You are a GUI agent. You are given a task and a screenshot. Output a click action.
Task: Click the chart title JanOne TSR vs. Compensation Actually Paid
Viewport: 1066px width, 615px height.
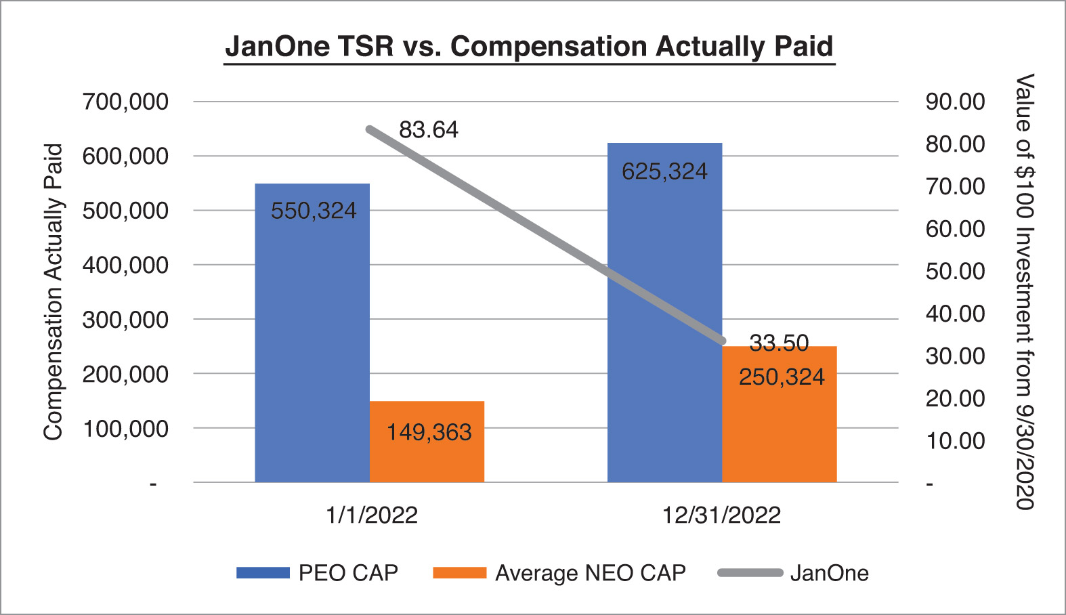pyautogui.click(x=529, y=47)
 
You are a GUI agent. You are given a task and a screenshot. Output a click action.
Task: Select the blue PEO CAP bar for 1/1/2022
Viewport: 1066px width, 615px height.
pyautogui.click(x=312, y=333)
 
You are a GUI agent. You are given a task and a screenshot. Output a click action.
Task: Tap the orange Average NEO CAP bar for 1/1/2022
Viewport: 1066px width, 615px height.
pyautogui.click(x=427, y=442)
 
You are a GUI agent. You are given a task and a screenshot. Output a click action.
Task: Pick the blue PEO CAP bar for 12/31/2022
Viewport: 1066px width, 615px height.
pyautogui.click(x=665, y=312)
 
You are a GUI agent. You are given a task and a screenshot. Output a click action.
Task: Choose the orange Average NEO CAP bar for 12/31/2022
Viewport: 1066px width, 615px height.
pyautogui.click(x=780, y=414)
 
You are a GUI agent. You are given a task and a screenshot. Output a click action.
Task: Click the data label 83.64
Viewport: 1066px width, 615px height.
pyautogui.click(x=428, y=129)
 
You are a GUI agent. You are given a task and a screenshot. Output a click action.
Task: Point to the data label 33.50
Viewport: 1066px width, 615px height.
pyautogui.click(x=779, y=343)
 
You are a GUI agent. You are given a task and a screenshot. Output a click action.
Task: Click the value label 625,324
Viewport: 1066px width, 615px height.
pyautogui.click(x=664, y=171)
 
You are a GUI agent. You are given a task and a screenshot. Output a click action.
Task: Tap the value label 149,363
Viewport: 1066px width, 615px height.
pyautogui.click(x=429, y=432)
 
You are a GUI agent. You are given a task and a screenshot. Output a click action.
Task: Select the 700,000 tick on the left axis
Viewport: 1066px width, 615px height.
pyautogui.click(x=125, y=102)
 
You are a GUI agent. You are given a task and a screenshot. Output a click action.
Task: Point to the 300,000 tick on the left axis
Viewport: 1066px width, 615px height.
pyautogui.click(x=125, y=320)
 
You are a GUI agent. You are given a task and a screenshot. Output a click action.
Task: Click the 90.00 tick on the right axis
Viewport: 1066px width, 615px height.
pyautogui.click(x=955, y=102)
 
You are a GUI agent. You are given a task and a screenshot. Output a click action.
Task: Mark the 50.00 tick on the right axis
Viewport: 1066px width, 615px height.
pyautogui.click(x=955, y=272)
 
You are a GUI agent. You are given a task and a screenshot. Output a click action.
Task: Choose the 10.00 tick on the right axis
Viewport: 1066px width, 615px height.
pyautogui.click(x=955, y=441)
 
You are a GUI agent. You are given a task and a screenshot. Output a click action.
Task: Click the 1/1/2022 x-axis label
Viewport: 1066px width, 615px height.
pyautogui.click(x=372, y=515)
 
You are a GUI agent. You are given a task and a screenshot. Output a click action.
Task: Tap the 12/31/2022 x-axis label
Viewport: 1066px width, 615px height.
pyautogui.click(x=721, y=515)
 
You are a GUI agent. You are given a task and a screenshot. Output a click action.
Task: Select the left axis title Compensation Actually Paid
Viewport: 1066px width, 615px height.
pyautogui.click(x=54, y=292)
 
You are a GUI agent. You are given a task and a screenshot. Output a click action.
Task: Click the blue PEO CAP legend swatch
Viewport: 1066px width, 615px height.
pyautogui.click(x=263, y=572)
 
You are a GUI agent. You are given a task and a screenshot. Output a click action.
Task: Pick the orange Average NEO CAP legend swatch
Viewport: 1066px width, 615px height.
pyautogui.click(x=460, y=572)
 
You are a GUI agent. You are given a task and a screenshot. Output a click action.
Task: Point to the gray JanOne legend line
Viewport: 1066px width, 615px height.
pyautogui.click(x=750, y=572)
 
